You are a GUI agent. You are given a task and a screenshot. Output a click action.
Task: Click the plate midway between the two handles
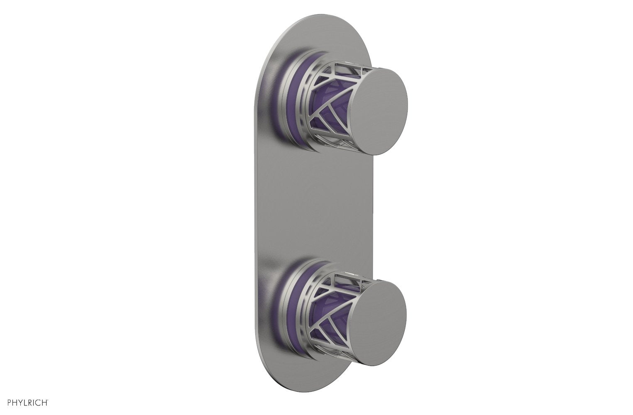(315, 207)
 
